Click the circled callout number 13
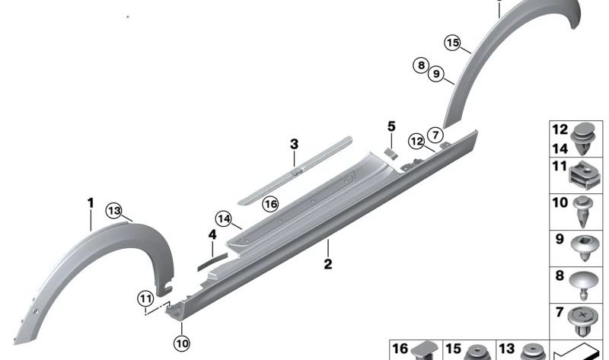(x=114, y=211)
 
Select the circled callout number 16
(x=270, y=204)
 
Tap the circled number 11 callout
(x=145, y=299)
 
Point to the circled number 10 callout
(x=182, y=343)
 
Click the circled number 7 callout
(x=435, y=135)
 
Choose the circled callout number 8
(x=421, y=65)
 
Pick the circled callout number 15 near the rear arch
(x=452, y=43)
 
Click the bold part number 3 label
(x=295, y=144)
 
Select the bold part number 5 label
(x=391, y=126)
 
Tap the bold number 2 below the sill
(x=328, y=264)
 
